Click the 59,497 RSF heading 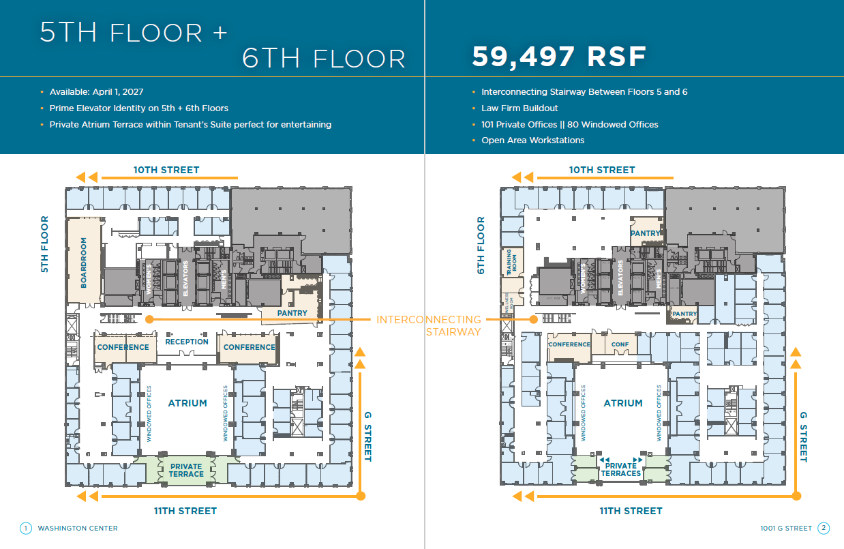pos(559,57)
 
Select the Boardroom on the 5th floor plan pos(84,263)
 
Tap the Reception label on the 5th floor pos(187,342)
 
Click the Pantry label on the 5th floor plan pos(292,313)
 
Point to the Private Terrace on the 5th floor pos(186,471)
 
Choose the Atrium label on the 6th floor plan pos(623,403)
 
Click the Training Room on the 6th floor pos(509,262)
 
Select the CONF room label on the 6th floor pos(620,344)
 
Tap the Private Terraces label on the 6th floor pos(621,470)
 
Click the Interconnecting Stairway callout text pos(429,325)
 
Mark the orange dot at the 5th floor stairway pos(149,318)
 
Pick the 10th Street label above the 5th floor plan pos(166,170)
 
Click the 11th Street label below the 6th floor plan pos(631,511)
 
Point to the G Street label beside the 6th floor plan pos(803,436)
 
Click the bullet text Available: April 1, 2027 pos(96,91)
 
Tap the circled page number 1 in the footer pos(26,528)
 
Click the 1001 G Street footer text pos(786,528)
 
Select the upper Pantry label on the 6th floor pos(645,233)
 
